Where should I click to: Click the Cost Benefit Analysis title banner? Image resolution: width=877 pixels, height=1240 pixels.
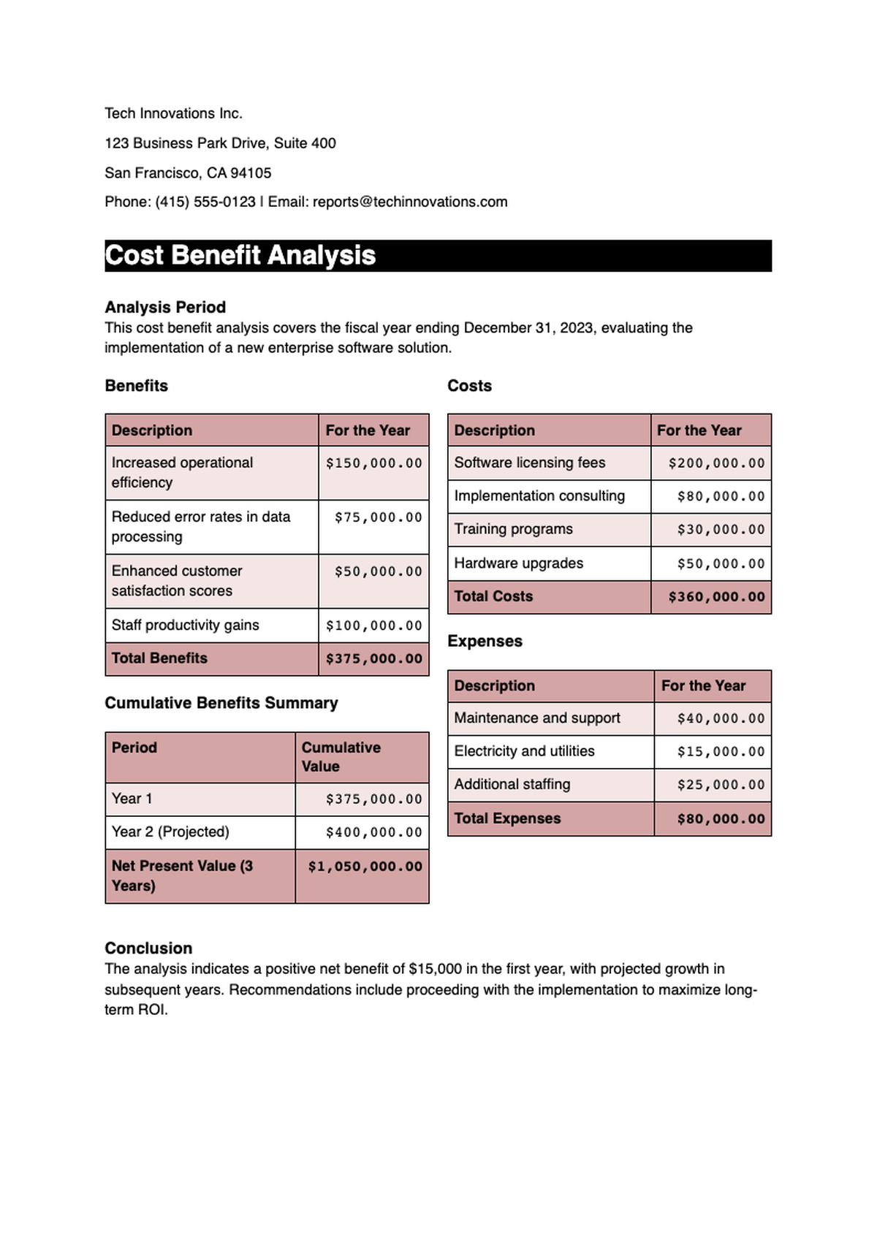(x=438, y=256)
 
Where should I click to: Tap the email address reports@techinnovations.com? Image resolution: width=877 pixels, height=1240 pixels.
(x=410, y=202)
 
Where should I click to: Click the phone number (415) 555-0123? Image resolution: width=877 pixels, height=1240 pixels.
(x=205, y=202)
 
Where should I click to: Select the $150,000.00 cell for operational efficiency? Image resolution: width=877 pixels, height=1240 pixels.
(x=373, y=463)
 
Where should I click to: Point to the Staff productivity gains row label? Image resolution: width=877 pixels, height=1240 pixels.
(x=185, y=625)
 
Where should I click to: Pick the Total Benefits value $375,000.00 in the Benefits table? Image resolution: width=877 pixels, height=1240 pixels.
(x=373, y=658)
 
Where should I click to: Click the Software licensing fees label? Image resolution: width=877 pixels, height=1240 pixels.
(x=529, y=463)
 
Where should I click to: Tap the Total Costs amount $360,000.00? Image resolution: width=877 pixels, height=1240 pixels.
(x=716, y=597)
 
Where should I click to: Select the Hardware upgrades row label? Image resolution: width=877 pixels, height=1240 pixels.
(x=518, y=563)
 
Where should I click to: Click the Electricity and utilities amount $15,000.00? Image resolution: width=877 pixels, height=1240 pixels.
(x=720, y=751)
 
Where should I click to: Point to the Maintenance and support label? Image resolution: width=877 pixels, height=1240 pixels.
(x=536, y=718)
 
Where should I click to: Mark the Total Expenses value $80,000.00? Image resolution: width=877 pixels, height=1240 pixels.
(x=720, y=818)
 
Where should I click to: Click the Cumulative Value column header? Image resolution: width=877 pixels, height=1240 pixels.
(x=341, y=757)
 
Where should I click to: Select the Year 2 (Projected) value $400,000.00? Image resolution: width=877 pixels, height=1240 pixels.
(x=373, y=832)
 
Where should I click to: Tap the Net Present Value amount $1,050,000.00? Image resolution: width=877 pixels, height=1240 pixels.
(x=365, y=867)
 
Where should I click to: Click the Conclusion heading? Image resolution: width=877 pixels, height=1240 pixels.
(x=148, y=948)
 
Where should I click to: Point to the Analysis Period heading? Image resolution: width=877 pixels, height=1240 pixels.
(x=165, y=307)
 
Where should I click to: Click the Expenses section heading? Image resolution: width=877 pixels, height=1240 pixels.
(x=485, y=641)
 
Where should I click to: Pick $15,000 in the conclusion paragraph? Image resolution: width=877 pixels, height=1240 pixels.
(x=435, y=969)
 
